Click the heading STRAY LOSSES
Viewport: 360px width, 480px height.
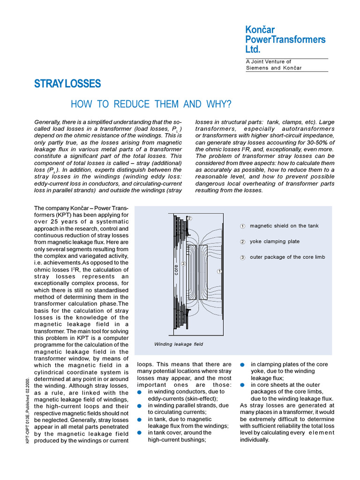(67, 84)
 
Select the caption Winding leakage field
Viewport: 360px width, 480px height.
(179, 344)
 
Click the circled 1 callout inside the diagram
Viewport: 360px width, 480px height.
(219, 271)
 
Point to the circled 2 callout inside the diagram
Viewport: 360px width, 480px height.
(189, 218)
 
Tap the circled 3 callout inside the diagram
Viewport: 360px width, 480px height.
(184, 264)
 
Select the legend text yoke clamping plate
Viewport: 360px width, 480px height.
(275, 241)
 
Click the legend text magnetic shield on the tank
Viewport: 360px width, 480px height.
(284, 226)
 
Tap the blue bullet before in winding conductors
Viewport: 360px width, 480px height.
(140, 392)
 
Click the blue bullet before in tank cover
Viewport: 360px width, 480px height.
(140, 433)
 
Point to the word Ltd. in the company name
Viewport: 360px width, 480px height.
(253, 49)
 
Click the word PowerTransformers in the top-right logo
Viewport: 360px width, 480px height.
(285, 39)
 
